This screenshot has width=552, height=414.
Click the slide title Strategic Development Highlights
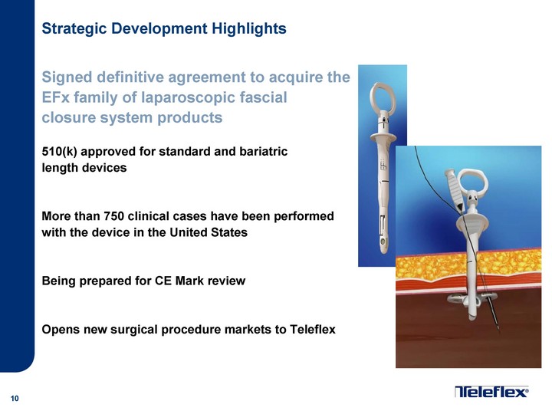coord(164,29)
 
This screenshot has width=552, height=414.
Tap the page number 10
coord(15,398)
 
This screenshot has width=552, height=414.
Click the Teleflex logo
coord(491,392)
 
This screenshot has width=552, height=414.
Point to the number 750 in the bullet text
coord(113,215)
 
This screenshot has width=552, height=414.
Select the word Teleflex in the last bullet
coord(313,329)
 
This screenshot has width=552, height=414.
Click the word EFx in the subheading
coord(56,97)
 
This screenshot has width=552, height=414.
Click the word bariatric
coord(263,151)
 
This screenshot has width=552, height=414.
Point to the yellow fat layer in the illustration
coord(468,264)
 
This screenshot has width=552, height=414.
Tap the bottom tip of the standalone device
coord(383,251)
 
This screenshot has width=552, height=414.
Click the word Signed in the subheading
coord(67,77)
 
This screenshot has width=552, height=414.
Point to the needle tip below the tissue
coord(498,330)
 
